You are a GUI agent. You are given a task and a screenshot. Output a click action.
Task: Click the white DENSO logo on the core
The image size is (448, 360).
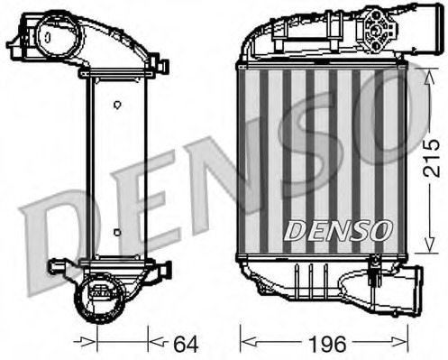(337, 231)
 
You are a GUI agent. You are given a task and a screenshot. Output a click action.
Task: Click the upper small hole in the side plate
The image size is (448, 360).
(116, 105)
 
